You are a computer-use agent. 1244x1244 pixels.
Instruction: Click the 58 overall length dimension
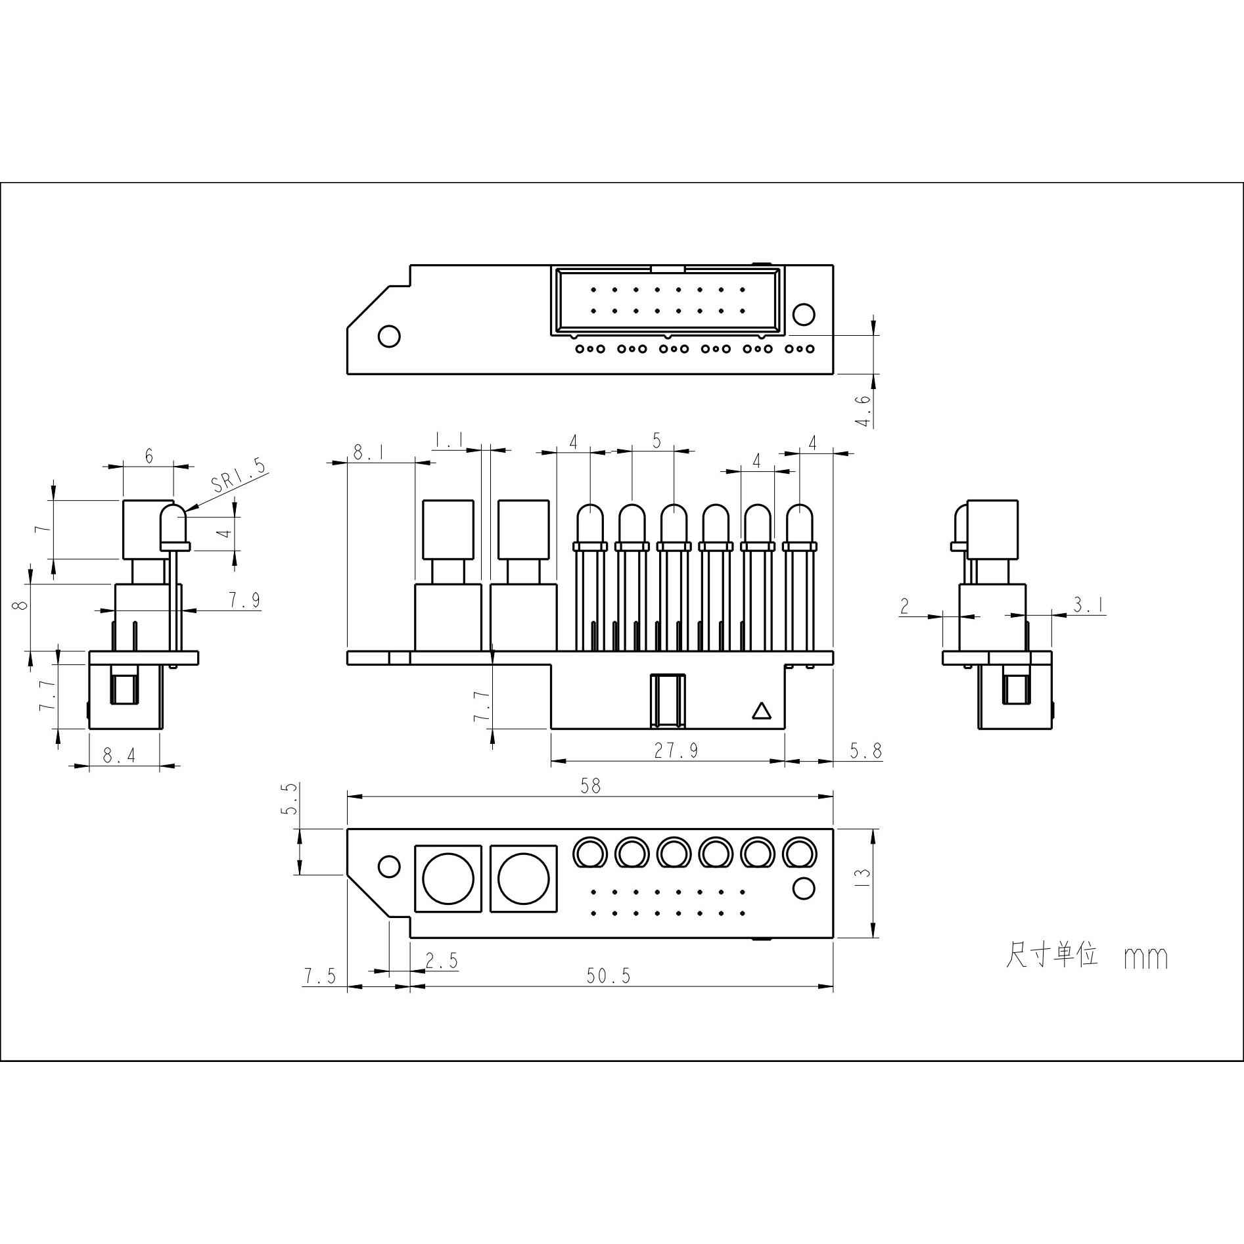point(591,786)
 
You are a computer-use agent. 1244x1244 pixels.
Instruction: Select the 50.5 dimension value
point(609,976)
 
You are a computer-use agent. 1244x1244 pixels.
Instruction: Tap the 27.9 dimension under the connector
point(676,750)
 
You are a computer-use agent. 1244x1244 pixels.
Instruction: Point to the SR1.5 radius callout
point(240,476)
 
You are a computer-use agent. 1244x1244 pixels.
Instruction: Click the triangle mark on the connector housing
point(761,711)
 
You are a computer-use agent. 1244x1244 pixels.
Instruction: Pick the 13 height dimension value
point(864,873)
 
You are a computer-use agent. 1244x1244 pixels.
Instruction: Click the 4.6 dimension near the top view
point(864,410)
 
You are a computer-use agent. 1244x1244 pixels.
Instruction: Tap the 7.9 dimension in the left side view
point(244,599)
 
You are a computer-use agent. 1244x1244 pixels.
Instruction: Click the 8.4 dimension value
point(119,756)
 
